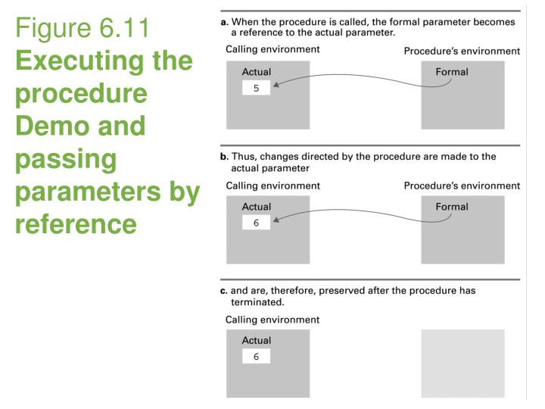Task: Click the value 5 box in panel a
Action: [256, 88]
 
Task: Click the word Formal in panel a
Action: [452, 72]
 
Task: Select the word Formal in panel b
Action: [452, 207]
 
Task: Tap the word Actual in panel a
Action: [257, 72]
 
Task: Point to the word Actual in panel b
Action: [257, 207]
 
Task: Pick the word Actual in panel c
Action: [257, 341]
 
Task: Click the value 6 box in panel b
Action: [256, 223]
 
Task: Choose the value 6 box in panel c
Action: [256, 357]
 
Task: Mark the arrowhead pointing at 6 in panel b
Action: [276, 220]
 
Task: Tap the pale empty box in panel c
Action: [462, 364]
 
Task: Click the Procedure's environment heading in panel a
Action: [462, 52]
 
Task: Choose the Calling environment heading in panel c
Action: [272, 320]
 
